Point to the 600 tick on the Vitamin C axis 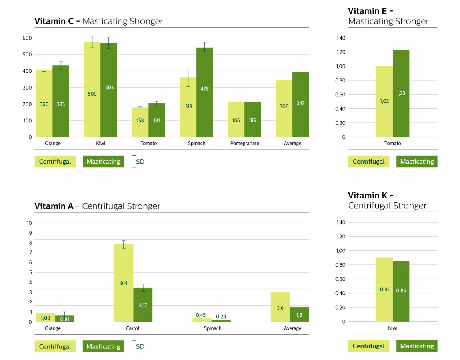(27, 38)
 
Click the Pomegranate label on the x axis (244, 143)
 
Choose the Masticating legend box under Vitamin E (417, 162)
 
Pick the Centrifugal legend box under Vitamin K (368, 346)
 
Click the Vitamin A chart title (97, 206)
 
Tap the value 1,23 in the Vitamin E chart (401, 93)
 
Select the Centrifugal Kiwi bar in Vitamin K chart (384, 289)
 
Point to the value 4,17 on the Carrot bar (143, 306)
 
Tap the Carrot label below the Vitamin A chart (133, 328)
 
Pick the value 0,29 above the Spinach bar (221, 316)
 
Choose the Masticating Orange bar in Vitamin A (64, 318)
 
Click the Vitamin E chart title (388, 16)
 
